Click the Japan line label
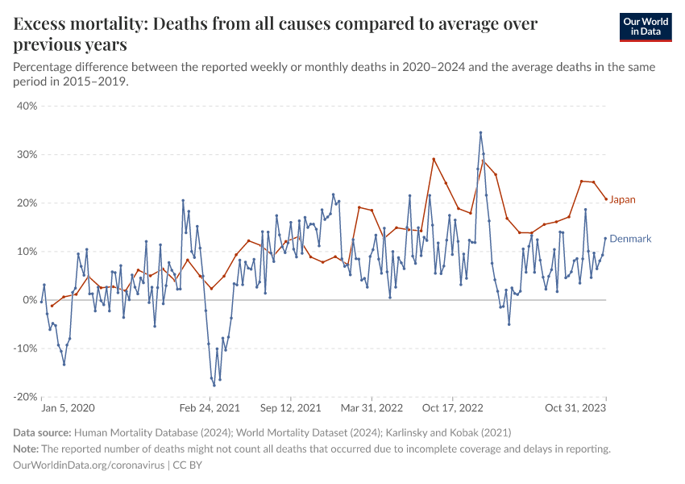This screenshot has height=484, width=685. (622, 199)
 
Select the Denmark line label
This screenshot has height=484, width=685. (630, 239)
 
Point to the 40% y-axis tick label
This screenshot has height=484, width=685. (27, 106)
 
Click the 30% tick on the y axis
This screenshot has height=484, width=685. (27, 154)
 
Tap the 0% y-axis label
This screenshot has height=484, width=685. (30, 300)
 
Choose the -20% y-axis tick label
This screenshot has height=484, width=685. (25, 397)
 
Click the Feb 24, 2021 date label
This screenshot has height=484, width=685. (210, 409)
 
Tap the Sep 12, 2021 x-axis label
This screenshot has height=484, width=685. (290, 409)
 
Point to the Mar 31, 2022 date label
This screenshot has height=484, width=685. (371, 409)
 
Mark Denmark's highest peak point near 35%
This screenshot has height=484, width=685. (480, 132)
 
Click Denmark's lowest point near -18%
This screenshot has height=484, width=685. (214, 386)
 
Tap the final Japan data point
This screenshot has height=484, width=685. (606, 199)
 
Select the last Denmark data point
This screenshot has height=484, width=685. (606, 238)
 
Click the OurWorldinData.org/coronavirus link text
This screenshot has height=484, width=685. (89, 465)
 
